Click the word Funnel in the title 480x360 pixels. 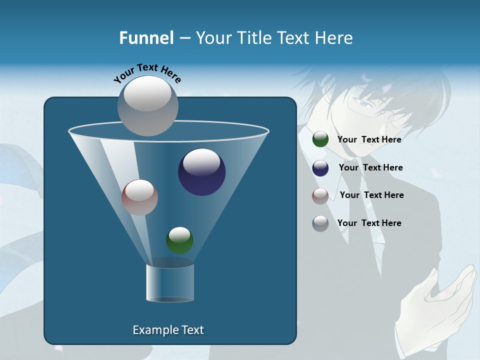(x=146, y=37)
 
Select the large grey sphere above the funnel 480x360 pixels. (x=148, y=105)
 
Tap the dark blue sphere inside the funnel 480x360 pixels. (x=201, y=172)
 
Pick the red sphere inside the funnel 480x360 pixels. (x=139, y=197)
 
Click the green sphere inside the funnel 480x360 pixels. (x=179, y=240)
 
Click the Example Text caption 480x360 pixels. (x=168, y=330)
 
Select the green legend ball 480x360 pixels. (x=320, y=139)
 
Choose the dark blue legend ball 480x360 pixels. (x=320, y=168)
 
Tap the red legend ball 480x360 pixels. (x=320, y=196)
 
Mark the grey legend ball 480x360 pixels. (x=320, y=223)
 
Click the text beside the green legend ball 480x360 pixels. (x=369, y=139)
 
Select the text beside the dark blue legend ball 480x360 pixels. (x=370, y=167)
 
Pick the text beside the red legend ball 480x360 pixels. (x=371, y=195)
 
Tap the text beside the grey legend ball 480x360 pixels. (x=369, y=223)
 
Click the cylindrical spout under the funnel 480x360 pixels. (x=169, y=283)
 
